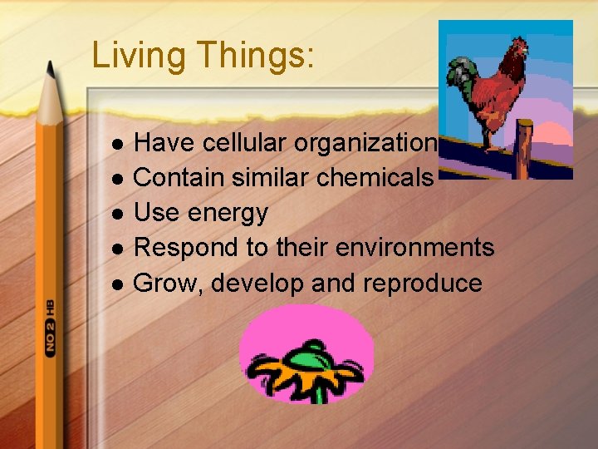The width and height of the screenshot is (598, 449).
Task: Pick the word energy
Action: pyautogui.click(x=228, y=213)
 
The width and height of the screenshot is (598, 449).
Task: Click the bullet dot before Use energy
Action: pyautogui.click(x=118, y=214)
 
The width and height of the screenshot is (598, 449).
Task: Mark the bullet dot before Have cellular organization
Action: pyautogui.click(x=118, y=144)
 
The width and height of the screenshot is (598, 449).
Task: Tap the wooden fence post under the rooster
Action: pyautogui.click(x=523, y=150)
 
